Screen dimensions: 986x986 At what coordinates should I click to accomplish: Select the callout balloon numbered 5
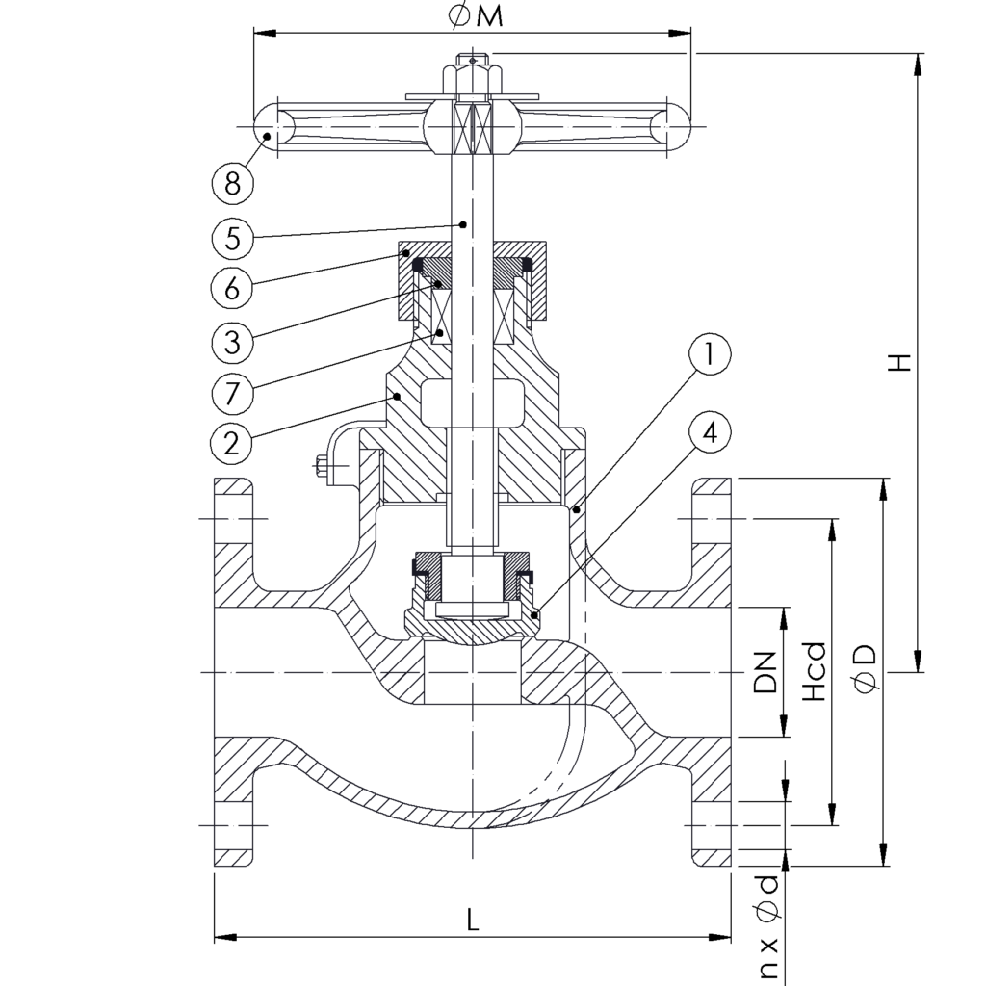[x=232, y=237]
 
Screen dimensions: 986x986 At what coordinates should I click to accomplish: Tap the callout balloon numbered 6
[x=232, y=288]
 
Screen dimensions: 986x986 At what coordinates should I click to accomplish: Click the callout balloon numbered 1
[x=709, y=355]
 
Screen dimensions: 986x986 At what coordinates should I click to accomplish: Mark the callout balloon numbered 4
[x=709, y=432]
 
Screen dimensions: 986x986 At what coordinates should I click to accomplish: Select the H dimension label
[x=898, y=362]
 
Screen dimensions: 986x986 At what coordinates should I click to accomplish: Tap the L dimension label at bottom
[x=472, y=920]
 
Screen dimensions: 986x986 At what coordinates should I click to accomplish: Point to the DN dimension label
[x=765, y=672]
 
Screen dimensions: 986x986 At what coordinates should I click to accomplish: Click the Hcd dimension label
[x=816, y=672]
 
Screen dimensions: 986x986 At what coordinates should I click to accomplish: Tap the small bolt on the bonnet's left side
[x=323, y=468]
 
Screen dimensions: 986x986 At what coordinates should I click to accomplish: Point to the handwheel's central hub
[x=472, y=127]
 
